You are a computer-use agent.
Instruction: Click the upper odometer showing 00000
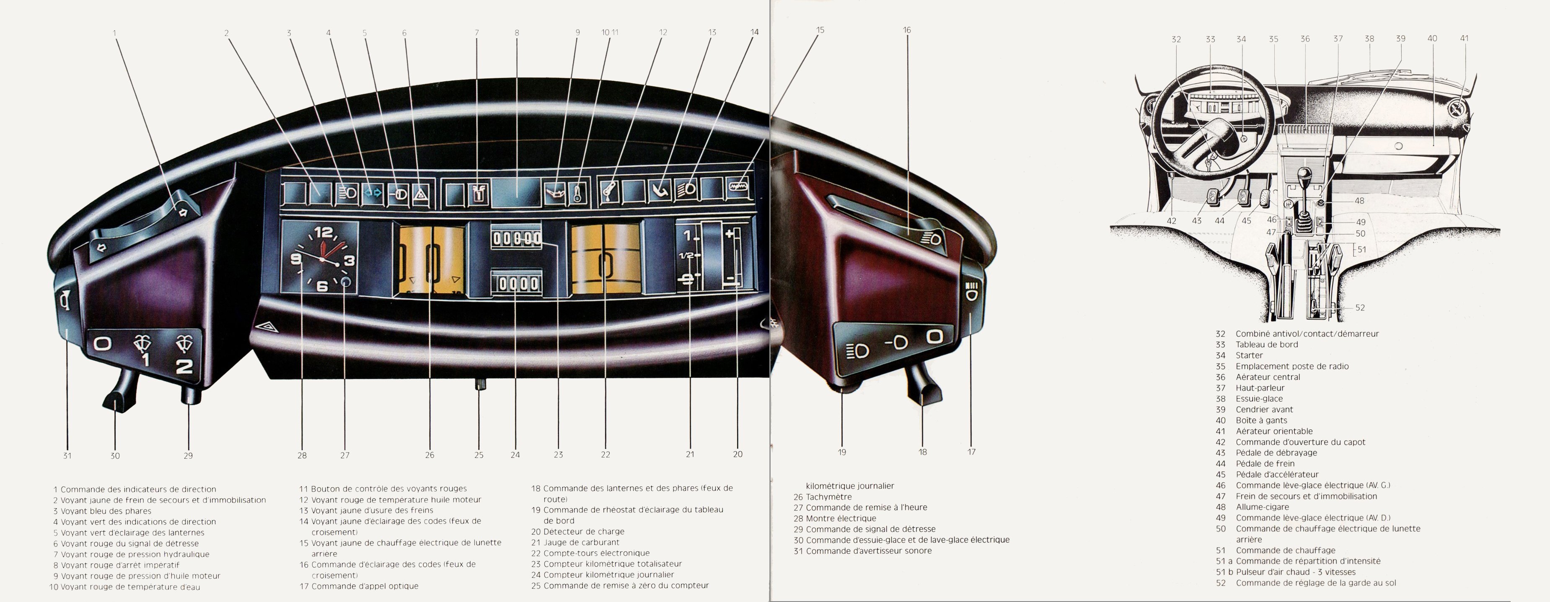pos(517,238)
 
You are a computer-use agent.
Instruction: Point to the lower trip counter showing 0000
pos(517,283)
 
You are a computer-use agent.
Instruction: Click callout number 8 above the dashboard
pos(517,33)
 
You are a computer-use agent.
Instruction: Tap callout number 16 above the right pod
pos(907,30)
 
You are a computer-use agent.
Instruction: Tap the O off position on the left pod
pos(102,344)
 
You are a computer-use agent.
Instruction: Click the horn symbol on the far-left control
pos(65,299)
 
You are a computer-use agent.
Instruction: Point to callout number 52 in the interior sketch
pos(1360,308)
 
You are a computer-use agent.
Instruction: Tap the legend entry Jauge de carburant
pos(581,543)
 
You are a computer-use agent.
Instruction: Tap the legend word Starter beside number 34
pos(1249,355)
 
